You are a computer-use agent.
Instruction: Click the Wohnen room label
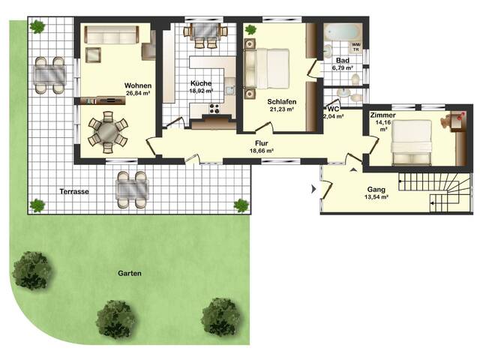pyautogui.click(x=138, y=85)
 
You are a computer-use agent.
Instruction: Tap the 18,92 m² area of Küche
pyautogui.click(x=201, y=91)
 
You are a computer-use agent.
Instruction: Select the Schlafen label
pyautogui.click(x=282, y=102)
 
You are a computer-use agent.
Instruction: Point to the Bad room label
pyautogui.click(x=343, y=60)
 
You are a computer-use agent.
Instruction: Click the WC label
pyautogui.click(x=333, y=109)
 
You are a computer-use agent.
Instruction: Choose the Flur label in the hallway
pyautogui.click(x=262, y=143)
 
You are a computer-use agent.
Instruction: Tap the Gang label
pyautogui.click(x=376, y=190)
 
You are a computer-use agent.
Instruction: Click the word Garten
pyautogui.click(x=130, y=273)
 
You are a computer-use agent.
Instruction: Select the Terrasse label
pyautogui.click(x=74, y=192)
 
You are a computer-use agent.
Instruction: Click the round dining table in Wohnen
pyautogui.click(x=108, y=132)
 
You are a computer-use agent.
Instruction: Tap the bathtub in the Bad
pyautogui.click(x=343, y=32)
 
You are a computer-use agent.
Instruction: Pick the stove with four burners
pyautogui.click(x=214, y=108)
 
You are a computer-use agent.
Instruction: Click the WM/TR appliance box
pyautogui.click(x=356, y=47)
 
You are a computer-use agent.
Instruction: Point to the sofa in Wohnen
pyautogui.click(x=112, y=35)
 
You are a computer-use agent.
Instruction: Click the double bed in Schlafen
pyautogui.click(x=267, y=69)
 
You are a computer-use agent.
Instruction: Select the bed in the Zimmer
pyautogui.click(x=412, y=142)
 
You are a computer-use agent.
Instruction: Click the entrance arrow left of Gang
pyautogui.click(x=313, y=189)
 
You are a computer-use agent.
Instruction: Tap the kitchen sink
pyautogui.click(x=230, y=90)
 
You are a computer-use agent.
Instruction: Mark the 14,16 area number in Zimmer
pyautogui.click(x=383, y=122)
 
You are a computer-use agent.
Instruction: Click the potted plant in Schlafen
pyautogui.click(x=250, y=30)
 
